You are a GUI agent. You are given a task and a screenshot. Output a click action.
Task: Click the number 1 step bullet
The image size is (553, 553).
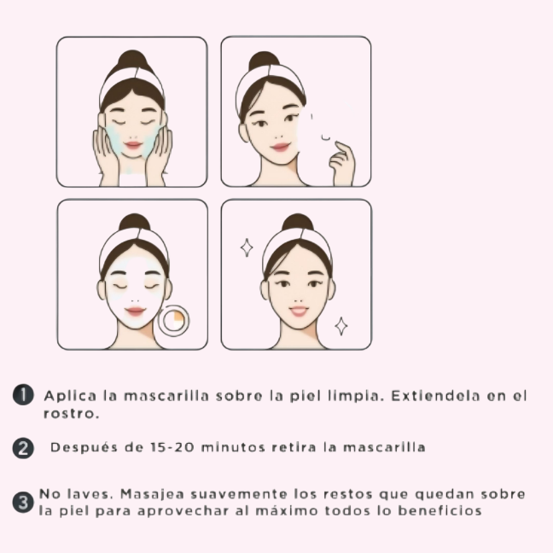(23, 395)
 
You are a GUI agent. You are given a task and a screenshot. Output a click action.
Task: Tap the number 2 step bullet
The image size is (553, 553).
(23, 448)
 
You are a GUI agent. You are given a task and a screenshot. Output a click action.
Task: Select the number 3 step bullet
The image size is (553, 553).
(23, 502)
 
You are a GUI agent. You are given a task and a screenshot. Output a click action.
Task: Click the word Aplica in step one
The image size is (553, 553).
(70, 396)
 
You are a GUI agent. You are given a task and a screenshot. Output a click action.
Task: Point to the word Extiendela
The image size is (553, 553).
(435, 396)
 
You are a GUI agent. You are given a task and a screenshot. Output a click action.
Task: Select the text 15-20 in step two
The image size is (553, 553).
(172, 447)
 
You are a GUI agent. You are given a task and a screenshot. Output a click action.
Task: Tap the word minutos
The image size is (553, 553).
(233, 447)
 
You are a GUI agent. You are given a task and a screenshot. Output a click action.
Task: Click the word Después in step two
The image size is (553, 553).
(84, 447)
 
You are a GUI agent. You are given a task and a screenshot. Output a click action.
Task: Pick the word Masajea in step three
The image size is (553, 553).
(152, 494)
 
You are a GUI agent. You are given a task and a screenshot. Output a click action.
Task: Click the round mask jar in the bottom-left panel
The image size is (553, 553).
(173, 320)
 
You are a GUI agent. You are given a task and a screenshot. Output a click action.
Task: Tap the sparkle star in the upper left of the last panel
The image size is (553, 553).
(247, 247)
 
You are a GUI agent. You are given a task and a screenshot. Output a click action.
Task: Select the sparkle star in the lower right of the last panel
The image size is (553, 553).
(341, 326)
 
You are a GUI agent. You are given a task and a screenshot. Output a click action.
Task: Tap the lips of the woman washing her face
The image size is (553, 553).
(132, 145)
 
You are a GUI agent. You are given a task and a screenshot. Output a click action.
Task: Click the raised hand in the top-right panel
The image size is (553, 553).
(341, 164)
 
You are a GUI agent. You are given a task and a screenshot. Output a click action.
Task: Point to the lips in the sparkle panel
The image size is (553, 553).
(299, 311)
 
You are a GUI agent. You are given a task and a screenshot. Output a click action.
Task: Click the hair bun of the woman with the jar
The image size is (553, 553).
(135, 224)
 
